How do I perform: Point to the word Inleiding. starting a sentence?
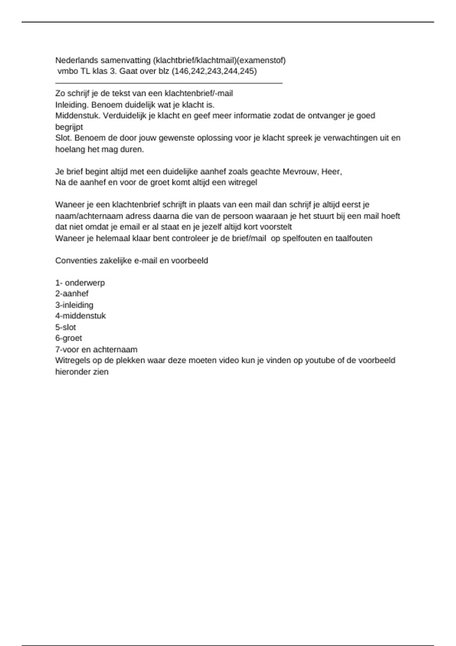point(72,104)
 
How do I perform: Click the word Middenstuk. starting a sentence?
point(78,116)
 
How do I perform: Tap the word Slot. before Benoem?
point(64,138)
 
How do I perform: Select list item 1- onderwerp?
point(80,283)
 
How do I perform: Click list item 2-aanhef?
point(72,294)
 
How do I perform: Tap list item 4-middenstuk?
point(81,316)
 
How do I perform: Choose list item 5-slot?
point(66,327)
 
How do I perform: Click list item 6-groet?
point(69,338)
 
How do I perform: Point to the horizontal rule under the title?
point(169,83)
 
